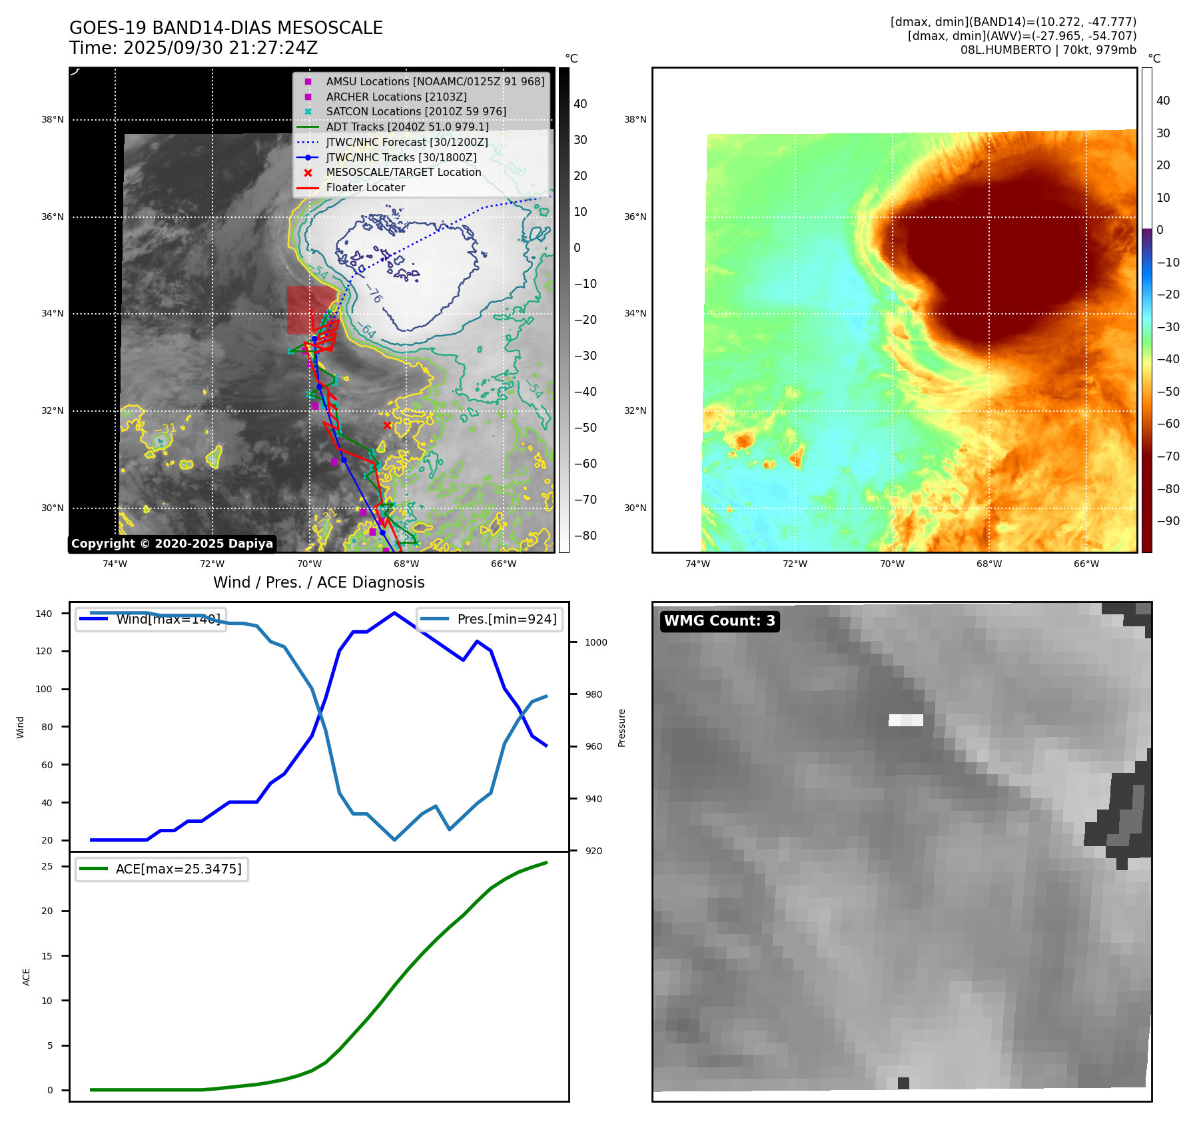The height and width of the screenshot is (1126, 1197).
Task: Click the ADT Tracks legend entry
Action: pos(407,127)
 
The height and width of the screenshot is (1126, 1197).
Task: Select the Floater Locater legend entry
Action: pos(365,187)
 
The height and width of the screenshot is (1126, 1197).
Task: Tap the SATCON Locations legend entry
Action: pos(416,111)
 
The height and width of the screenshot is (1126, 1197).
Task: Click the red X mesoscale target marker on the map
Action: pos(387,425)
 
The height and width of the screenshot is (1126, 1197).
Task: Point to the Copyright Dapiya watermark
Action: pos(172,544)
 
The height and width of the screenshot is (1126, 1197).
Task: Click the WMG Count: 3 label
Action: pos(719,621)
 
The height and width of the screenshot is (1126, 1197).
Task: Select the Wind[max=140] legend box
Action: pos(151,619)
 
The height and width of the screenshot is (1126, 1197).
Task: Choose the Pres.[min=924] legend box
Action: pos(490,619)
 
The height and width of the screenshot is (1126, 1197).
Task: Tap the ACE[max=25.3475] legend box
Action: pos(162,869)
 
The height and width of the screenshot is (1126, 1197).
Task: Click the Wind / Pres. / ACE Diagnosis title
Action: pos(318,582)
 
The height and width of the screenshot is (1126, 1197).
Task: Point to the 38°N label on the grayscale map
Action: pos(53,120)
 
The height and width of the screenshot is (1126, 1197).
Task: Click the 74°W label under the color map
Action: pos(697,564)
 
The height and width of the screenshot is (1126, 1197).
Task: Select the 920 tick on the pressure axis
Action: pos(593,851)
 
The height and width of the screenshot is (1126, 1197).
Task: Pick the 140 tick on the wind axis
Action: pos(44,614)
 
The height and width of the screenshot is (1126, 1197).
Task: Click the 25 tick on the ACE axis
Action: pos(47,866)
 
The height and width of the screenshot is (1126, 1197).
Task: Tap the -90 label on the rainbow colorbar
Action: pos(1168,521)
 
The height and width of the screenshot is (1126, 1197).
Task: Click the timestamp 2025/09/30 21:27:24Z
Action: pos(220,48)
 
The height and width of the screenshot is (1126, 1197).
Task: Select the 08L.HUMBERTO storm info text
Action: pos(1048,50)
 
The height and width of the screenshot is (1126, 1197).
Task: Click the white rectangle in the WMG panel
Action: pos(906,720)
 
